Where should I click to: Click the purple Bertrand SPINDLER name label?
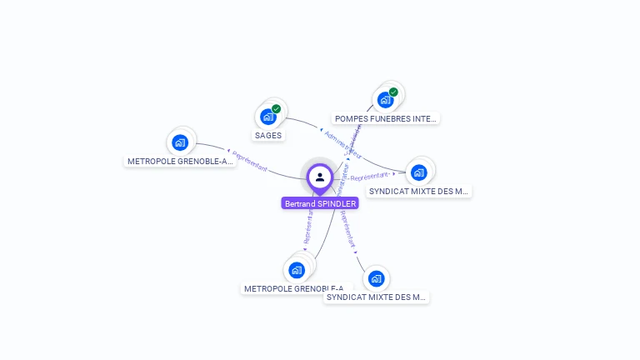click(320, 203)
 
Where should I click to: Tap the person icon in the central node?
click(320, 177)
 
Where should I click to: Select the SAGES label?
click(268, 135)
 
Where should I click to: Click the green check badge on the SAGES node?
click(276, 109)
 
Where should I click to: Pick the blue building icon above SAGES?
click(267, 117)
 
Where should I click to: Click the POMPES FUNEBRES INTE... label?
click(385, 118)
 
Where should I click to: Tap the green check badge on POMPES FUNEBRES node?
click(393, 92)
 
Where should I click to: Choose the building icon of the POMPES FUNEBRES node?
click(385, 100)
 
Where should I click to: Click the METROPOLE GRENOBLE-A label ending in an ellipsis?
click(180, 161)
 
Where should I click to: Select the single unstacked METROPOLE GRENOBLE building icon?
click(179, 142)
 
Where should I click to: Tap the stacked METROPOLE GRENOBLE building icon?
click(297, 270)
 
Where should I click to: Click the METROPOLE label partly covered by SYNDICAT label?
click(283, 288)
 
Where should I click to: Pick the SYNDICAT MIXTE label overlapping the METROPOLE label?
click(376, 297)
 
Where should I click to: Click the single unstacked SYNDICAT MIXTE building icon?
click(376, 278)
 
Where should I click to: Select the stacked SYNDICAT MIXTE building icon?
click(418, 172)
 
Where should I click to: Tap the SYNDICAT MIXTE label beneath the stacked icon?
click(419, 191)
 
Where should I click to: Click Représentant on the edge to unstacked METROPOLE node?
click(250, 162)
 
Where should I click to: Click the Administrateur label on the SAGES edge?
click(342, 143)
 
